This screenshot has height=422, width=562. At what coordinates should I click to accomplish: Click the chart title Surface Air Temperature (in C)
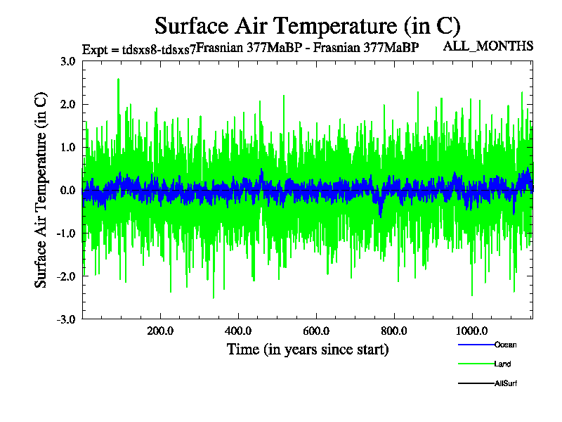(x=307, y=26)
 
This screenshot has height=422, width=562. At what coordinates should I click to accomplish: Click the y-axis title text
(x=41, y=190)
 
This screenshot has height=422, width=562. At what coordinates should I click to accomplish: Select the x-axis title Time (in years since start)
(x=308, y=349)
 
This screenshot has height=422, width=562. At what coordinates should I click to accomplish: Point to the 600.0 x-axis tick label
(x=316, y=331)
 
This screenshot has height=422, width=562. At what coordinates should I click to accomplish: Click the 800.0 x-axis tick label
(x=394, y=331)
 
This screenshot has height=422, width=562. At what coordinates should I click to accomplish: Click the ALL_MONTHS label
(x=488, y=46)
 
